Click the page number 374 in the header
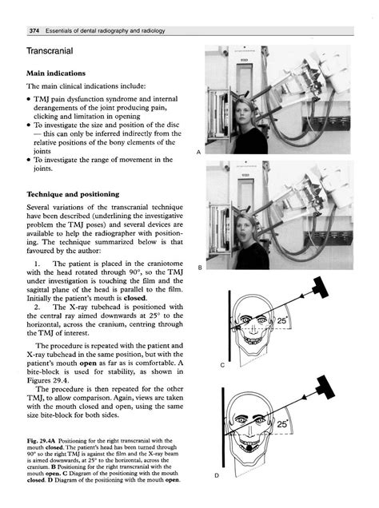point(34,31)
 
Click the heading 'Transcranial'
point(50,51)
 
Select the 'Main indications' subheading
point(56,73)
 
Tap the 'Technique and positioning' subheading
point(73,194)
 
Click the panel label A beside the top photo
point(199,152)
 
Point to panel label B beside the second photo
point(200,268)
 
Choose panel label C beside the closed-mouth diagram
point(222,365)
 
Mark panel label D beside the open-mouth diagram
point(217,475)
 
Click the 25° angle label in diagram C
point(282,320)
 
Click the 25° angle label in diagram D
point(282,424)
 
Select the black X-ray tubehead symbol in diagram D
point(325,387)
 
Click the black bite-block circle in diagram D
point(249,448)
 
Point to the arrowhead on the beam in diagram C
point(302,296)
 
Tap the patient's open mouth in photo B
point(241,237)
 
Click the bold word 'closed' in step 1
point(134,298)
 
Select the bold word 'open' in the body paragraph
point(88,363)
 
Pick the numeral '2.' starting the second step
point(37,307)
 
